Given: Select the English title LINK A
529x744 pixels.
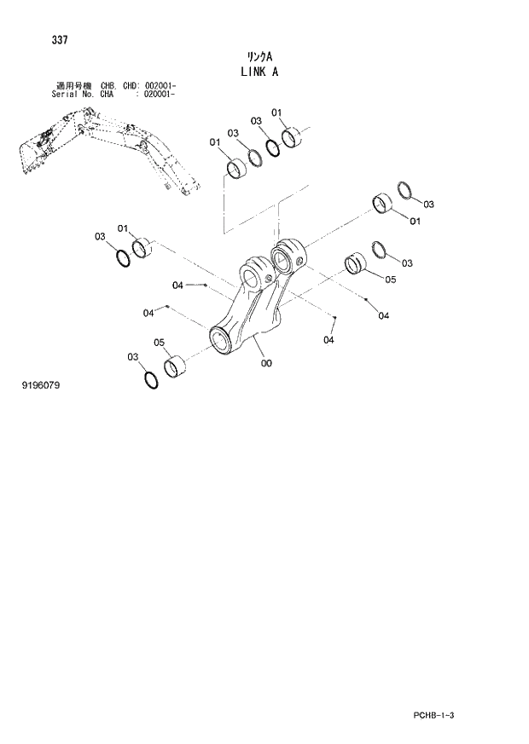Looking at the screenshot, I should click(259, 72).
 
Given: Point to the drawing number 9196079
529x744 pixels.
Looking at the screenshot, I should click(41, 385).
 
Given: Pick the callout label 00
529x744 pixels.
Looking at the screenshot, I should click(266, 364).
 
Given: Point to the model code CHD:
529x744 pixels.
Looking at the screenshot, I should click(134, 86).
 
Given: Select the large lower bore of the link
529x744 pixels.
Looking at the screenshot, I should click(223, 342).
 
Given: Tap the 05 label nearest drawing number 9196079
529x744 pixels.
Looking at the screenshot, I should click(159, 343).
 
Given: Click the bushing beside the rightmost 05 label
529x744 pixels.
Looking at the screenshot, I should click(356, 264).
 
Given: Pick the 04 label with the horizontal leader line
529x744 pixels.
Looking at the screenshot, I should click(177, 285).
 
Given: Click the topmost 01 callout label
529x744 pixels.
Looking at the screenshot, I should click(276, 112).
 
